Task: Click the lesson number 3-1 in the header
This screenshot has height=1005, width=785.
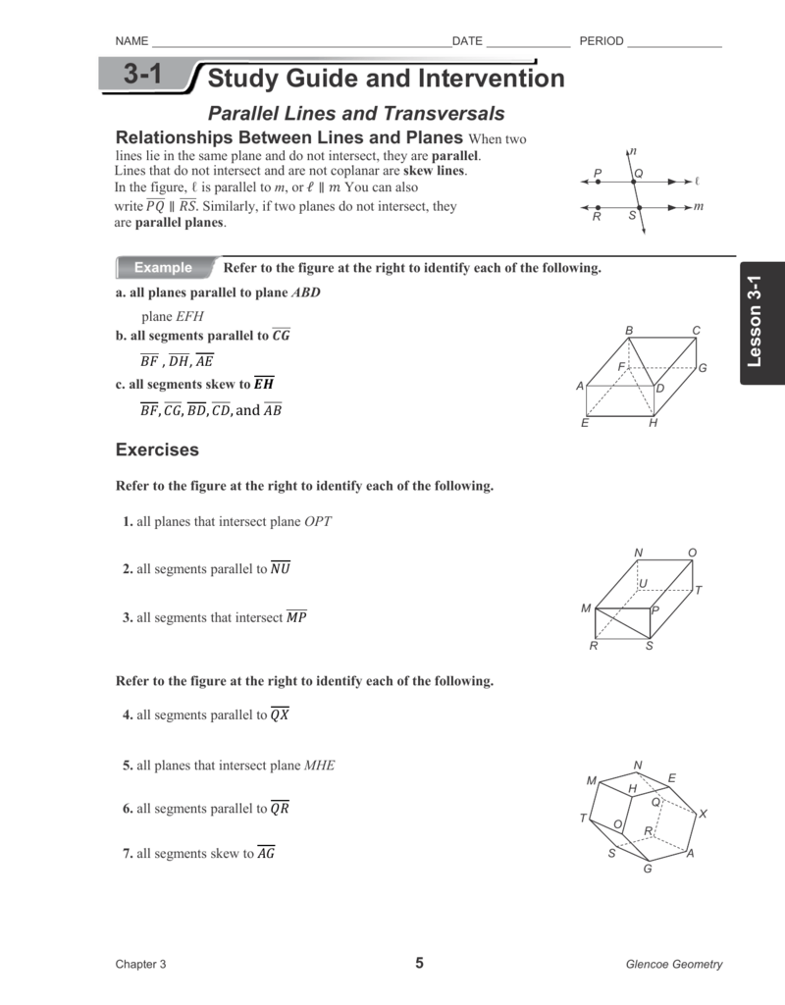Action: (142, 76)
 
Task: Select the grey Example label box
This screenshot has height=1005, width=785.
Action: (164, 268)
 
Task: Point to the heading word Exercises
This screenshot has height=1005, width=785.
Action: (157, 450)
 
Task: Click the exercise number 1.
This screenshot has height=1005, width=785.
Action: (128, 522)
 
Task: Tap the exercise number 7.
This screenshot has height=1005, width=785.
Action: (128, 854)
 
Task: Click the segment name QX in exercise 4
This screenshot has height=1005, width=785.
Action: (280, 715)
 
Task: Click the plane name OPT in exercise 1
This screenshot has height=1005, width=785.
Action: (318, 522)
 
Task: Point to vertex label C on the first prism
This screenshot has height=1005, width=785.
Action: (696, 331)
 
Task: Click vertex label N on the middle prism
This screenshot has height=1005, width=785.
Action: (639, 554)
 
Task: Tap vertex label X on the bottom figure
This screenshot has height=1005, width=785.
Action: (703, 815)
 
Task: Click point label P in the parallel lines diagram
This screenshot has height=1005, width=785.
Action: (598, 173)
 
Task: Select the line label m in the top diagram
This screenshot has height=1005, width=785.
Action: (698, 206)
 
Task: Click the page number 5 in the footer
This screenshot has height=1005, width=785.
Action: (419, 963)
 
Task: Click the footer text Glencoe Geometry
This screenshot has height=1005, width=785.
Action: (674, 964)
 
